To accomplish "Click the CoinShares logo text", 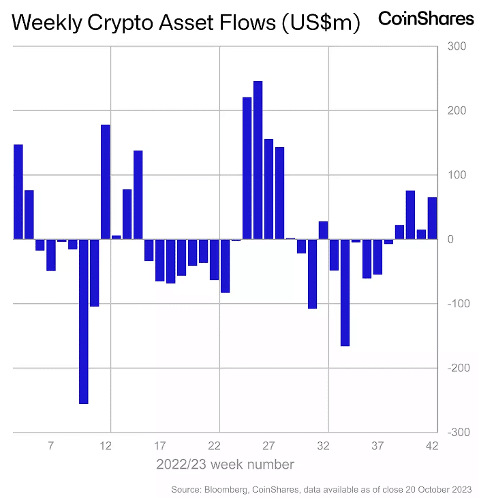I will coord(426,18).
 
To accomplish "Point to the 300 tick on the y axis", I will coord(456,46).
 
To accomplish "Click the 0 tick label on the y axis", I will coord(449,239).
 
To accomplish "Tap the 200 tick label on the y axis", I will coord(456,110).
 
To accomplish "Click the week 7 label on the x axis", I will coord(50,446).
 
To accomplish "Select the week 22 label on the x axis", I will coord(214,446).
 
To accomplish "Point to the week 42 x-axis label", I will coord(432,446).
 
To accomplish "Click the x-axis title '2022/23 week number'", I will coord(225,465).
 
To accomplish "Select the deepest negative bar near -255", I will coord(83,321).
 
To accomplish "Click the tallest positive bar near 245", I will coord(258,160).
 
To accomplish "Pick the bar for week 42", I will coord(432,218).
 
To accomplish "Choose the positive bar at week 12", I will coord(105,182).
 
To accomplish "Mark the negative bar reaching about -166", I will coord(345,292).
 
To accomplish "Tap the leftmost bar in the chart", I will coord(18,191).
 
